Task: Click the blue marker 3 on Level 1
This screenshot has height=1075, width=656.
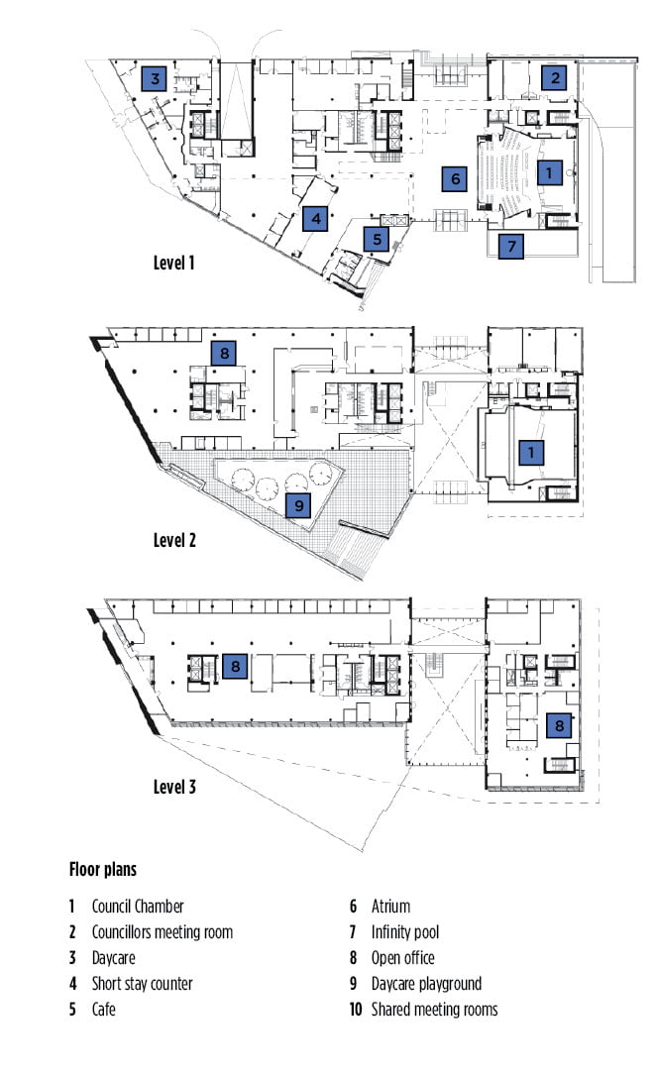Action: [155, 79]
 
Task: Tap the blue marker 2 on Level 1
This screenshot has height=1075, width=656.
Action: [555, 77]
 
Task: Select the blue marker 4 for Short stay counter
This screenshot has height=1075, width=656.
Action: [316, 219]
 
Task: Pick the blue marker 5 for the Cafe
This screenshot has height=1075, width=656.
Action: [377, 239]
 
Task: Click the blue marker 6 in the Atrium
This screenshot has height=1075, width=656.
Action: [455, 179]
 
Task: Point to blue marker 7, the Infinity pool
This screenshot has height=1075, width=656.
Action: [511, 246]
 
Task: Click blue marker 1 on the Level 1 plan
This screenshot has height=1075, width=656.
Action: [549, 172]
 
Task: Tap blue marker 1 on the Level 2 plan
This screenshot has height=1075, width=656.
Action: [531, 452]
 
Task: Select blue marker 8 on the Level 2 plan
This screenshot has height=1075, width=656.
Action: [224, 354]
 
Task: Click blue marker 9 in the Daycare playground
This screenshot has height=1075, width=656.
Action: [299, 506]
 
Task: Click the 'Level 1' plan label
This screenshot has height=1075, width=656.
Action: [174, 263]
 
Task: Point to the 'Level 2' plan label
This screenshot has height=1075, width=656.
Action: [174, 540]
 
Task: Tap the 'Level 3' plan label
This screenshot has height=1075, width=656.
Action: [174, 787]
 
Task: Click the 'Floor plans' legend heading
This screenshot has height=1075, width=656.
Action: [103, 869]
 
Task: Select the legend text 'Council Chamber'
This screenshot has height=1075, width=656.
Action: [138, 907]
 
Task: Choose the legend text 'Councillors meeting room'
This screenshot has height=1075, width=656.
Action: [163, 932]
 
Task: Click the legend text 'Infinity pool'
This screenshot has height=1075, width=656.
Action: [405, 932]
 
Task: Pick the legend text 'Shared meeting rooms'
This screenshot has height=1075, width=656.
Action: [435, 1010]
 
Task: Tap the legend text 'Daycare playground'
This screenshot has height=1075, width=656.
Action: [426, 984]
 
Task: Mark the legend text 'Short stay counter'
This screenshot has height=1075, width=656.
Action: [143, 984]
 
